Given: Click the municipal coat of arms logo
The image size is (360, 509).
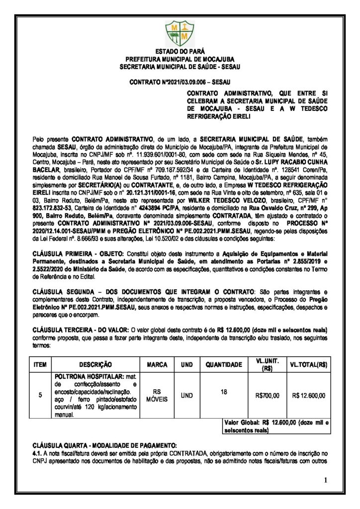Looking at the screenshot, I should (180, 32).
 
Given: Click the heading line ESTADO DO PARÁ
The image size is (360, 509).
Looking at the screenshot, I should (180, 52).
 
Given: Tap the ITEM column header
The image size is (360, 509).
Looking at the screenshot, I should (40, 364).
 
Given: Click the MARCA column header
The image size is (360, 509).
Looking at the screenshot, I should (157, 364).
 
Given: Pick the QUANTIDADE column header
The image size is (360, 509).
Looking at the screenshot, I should (224, 364).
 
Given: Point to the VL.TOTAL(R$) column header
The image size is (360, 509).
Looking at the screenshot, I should (308, 364).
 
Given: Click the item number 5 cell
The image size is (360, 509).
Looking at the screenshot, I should (40, 395).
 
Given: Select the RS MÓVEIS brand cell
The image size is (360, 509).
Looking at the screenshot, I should (157, 395).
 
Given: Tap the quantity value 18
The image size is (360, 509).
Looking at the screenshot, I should (224, 392).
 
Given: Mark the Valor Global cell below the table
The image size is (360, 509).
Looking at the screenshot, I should (276, 426).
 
